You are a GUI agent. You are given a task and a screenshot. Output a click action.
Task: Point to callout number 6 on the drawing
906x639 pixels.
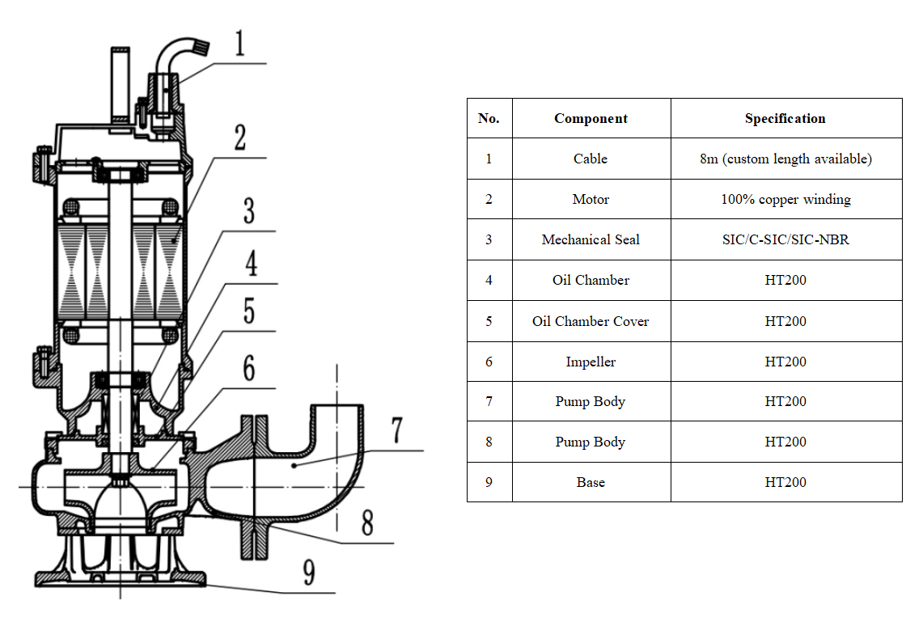(248, 367)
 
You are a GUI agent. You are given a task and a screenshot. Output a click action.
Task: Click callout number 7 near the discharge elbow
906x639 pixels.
(396, 430)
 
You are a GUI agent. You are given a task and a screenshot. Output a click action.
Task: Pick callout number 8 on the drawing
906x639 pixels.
(367, 524)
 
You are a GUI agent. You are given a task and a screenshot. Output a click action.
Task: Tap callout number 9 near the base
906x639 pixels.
(308, 573)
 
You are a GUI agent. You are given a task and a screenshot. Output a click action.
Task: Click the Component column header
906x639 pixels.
(591, 119)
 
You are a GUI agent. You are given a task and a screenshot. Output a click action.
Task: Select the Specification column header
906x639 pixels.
(785, 119)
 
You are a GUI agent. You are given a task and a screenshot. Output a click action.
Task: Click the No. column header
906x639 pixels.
(489, 119)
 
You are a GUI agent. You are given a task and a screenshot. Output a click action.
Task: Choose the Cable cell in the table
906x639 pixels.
(591, 159)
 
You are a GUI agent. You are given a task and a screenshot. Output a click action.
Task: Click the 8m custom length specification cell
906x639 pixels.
(785, 159)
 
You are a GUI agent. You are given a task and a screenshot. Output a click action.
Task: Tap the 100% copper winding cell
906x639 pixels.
(785, 200)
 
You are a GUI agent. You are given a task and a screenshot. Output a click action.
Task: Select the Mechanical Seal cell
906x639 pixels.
(591, 240)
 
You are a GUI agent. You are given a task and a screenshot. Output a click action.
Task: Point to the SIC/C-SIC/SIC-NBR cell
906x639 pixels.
(785, 240)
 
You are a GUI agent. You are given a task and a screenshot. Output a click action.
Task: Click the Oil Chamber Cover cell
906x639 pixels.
(591, 321)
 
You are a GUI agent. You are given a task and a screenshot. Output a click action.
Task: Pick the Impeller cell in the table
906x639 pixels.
(591, 362)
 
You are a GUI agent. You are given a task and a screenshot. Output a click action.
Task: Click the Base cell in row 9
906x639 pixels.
(591, 483)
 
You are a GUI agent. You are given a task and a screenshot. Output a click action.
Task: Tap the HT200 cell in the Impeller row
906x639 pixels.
(785, 362)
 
